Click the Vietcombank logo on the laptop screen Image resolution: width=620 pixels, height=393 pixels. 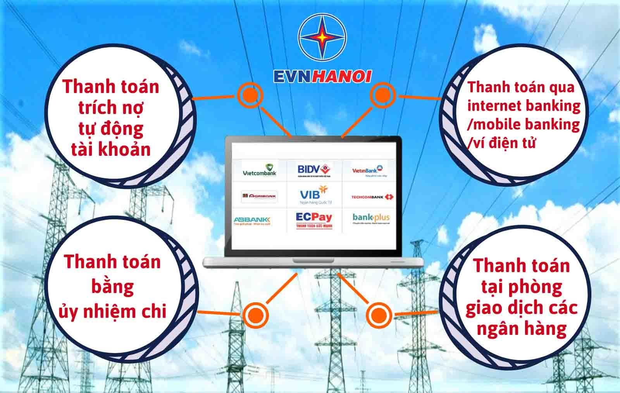pyautogui.click(x=259, y=170)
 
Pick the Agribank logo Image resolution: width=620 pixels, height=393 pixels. pyautogui.click(x=259, y=196)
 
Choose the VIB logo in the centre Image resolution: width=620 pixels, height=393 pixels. pyautogui.click(x=314, y=196)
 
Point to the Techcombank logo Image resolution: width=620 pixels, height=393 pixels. pyautogui.click(x=372, y=197)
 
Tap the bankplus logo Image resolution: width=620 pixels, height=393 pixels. pyautogui.click(x=371, y=218)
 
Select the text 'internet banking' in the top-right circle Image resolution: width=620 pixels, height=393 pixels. pyautogui.click(x=524, y=106)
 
